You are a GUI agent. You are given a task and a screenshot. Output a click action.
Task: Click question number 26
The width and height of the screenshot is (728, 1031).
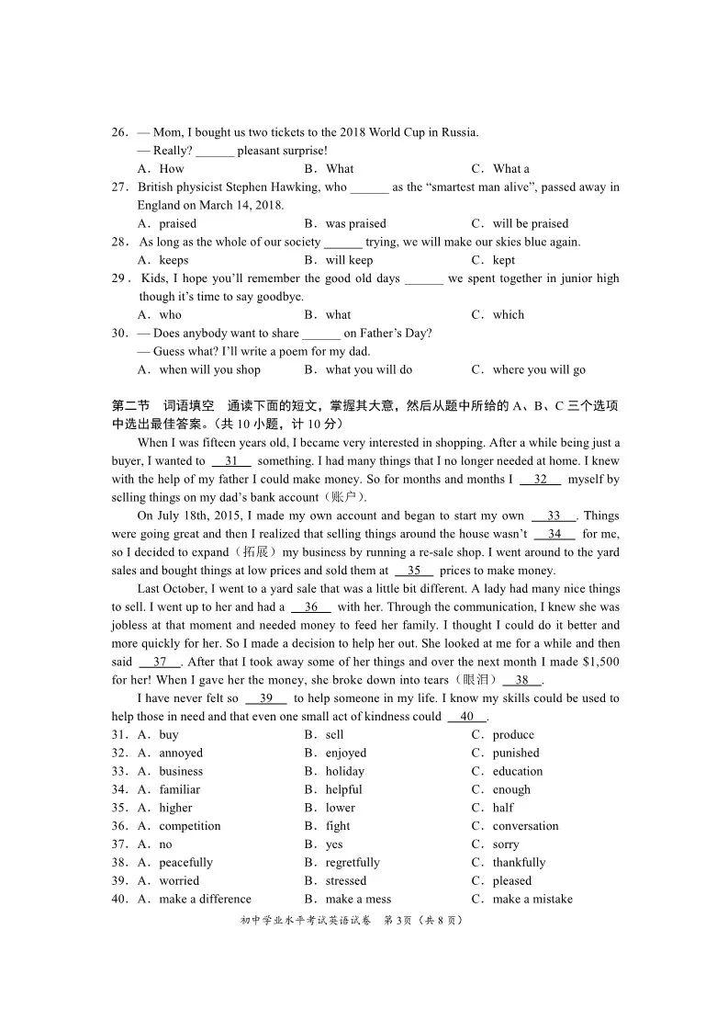pyautogui.click(x=119, y=132)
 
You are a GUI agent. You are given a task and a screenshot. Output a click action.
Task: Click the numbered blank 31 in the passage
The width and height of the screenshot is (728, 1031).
pyautogui.click(x=231, y=461)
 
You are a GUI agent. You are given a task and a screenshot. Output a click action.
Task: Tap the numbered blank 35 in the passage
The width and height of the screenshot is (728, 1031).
pyautogui.click(x=414, y=571)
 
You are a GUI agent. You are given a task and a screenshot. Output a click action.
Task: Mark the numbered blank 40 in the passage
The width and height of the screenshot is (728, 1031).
pyautogui.click(x=467, y=717)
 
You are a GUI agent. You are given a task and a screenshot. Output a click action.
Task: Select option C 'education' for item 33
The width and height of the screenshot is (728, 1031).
pyautogui.click(x=517, y=772)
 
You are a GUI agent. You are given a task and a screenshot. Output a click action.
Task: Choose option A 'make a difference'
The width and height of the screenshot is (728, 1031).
pyautogui.click(x=204, y=900)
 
